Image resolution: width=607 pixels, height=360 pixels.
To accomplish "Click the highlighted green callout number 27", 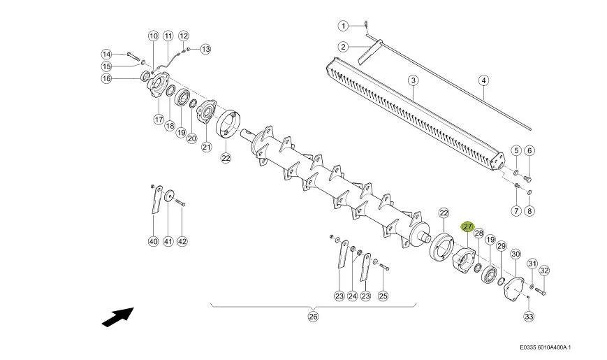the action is click(x=467, y=226).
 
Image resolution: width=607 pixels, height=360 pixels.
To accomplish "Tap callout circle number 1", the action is click(x=344, y=26).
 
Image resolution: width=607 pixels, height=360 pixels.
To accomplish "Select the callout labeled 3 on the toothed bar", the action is click(x=414, y=80).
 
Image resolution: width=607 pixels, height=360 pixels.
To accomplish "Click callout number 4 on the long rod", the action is click(x=484, y=80).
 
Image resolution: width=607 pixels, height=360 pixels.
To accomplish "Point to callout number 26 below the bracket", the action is click(x=313, y=317).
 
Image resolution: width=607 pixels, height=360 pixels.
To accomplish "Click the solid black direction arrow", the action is click(x=117, y=317).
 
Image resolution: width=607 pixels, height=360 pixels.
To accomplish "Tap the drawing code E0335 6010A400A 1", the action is click(x=545, y=347).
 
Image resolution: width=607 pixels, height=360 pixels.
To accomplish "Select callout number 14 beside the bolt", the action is click(x=106, y=55).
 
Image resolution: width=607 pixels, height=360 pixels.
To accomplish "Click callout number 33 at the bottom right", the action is click(x=529, y=316).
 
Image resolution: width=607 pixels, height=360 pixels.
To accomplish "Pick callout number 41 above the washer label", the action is click(x=168, y=241).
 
